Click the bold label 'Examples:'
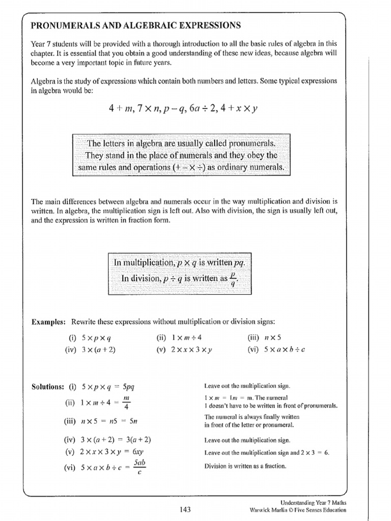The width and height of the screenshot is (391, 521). (49, 322)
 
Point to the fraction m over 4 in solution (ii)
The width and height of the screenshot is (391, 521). (127, 401)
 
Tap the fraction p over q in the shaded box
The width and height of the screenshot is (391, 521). (232, 279)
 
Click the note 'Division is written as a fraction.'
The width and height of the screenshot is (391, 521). (245, 466)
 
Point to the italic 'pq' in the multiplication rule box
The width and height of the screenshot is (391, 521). (239, 263)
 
